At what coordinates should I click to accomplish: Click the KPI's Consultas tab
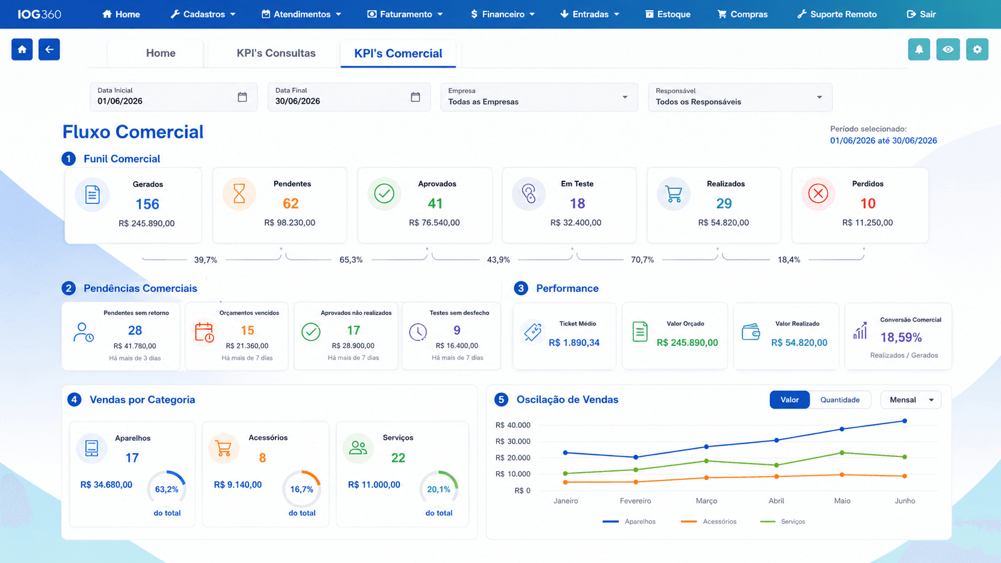click(x=276, y=53)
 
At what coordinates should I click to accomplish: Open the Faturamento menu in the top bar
click(x=405, y=14)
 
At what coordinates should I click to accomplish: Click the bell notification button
click(x=919, y=50)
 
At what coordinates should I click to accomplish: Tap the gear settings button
click(x=977, y=50)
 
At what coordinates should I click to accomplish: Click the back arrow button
click(x=49, y=50)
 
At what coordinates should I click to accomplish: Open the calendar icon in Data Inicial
click(x=242, y=97)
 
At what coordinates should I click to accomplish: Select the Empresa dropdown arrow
click(x=625, y=98)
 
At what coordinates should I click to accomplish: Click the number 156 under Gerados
click(x=147, y=204)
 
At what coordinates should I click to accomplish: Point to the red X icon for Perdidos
click(x=818, y=194)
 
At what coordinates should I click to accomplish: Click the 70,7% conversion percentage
click(x=642, y=260)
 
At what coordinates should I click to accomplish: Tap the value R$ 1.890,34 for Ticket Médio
click(x=574, y=342)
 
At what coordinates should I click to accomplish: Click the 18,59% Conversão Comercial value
click(x=901, y=337)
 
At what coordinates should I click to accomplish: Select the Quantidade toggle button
click(x=840, y=400)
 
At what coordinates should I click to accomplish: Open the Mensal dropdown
click(x=911, y=400)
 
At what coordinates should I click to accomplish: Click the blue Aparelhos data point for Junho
click(x=905, y=421)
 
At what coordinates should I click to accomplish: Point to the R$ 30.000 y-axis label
click(x=512, y=441)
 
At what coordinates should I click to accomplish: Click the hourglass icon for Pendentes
click(x=239, y=194)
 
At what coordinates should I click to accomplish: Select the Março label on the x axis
click(x=706, y=501)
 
